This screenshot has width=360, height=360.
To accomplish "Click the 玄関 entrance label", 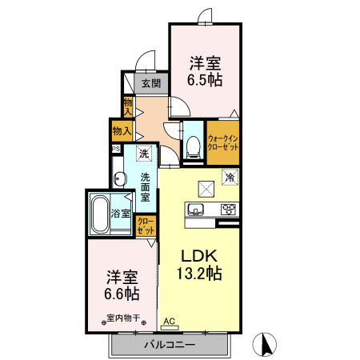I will (x=150, y=82).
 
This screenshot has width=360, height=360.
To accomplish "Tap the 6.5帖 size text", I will (x=205, y=80).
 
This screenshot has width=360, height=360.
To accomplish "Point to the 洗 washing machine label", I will (x=145, y=154).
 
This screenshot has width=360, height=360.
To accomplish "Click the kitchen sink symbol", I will (x=195, y=210).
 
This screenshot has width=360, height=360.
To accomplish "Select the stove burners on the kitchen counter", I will (x=228, y=210).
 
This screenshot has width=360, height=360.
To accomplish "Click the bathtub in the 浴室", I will (x=99, y=214).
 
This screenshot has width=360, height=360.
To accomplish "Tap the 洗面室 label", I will (x=146, y=186).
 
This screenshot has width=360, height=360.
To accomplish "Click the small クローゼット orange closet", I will (x=146, y=226).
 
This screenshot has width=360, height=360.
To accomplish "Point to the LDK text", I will (x=198, y=256).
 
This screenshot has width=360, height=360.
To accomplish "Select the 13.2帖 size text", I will (x=198, y=274).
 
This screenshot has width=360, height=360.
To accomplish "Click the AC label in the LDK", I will (x=169, y=322).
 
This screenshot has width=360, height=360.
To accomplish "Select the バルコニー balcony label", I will (x=170, y=346).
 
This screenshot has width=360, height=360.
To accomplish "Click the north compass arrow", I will (x=266, y=346).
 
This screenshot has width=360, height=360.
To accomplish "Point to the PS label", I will (x=116, y=149).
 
